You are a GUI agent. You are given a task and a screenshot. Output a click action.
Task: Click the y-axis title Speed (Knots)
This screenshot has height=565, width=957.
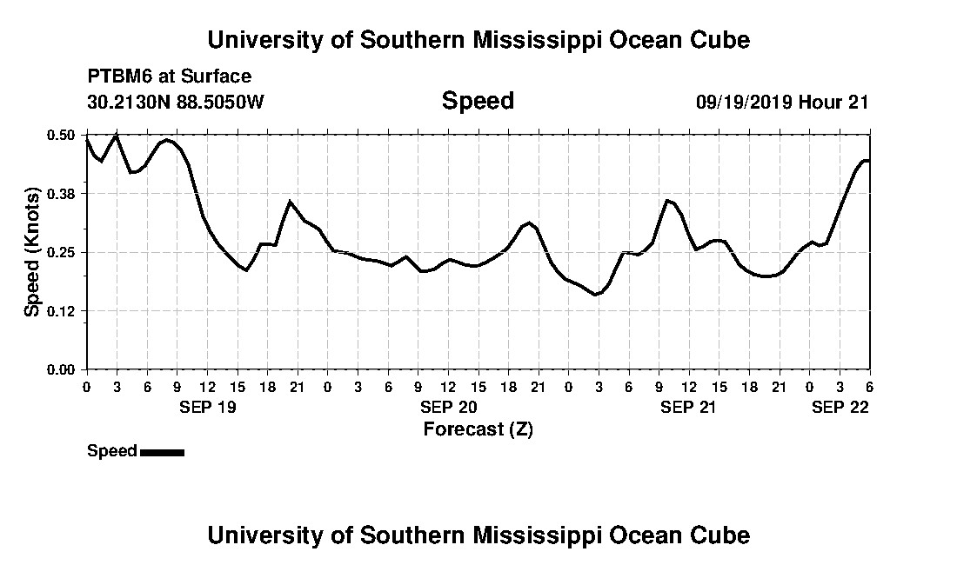[x=32, y=252]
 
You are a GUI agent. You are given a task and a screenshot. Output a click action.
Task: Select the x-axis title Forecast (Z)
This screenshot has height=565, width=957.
[x=478, y=429]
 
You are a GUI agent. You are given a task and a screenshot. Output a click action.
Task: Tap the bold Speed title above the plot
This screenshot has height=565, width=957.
[x=478, y=101]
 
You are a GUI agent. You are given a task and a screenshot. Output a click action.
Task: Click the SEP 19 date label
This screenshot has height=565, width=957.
[x=208, y=407]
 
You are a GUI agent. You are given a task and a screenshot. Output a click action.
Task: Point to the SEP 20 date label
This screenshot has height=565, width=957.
[x=448, y=407]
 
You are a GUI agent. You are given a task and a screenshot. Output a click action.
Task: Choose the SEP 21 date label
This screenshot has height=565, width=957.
[x=688, y=407]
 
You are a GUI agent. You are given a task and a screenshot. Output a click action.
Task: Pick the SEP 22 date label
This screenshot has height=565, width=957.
[x=840, y=407]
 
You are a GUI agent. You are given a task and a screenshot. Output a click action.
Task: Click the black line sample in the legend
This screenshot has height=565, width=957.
[x=162, y=452]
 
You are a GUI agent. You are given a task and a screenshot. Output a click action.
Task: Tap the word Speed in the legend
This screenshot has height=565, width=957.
[x=112, y=451]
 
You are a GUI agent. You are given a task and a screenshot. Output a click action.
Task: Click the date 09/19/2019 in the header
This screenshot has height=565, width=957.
[x=743, y=102]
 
